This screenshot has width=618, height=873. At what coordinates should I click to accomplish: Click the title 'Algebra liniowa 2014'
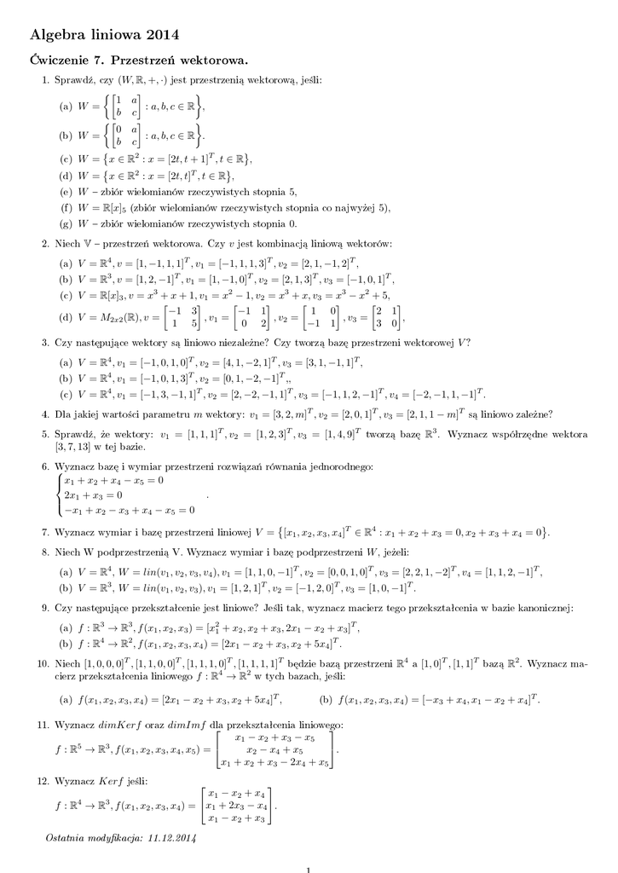coord(105,34)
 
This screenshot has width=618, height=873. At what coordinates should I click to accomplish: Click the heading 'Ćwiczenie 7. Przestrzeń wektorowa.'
coord(139,61)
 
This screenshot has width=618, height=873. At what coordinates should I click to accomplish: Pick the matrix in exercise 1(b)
coord(128,135)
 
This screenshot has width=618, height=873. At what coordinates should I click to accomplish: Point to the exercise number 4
coord(45,415)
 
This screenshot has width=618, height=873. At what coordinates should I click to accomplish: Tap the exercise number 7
coord(45,532)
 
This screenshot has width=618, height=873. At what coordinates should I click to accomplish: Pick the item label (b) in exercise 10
coord(326,700)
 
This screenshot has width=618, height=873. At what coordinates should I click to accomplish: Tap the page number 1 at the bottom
coord(309,869)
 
